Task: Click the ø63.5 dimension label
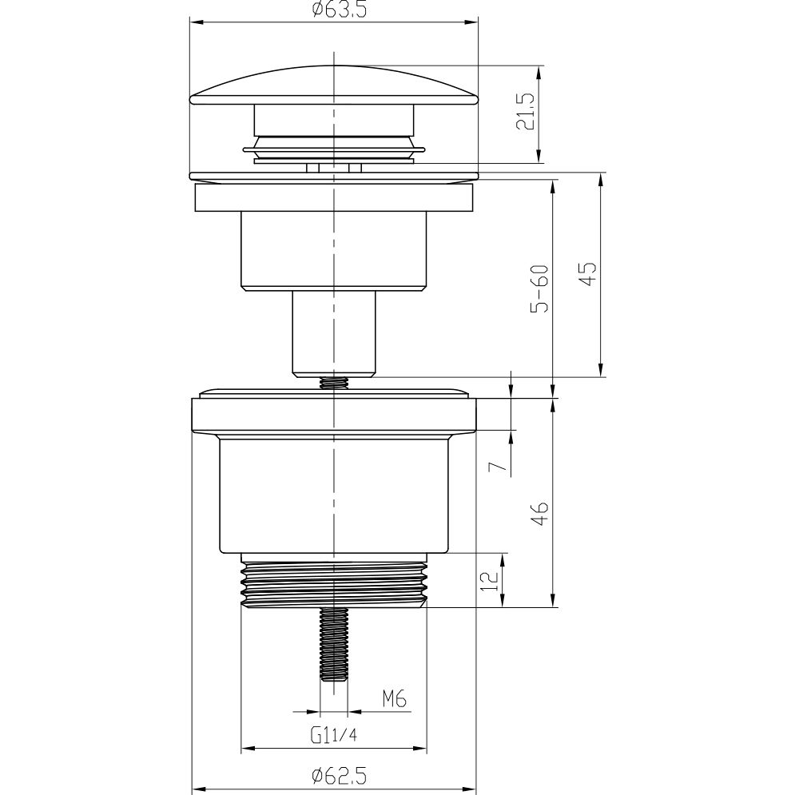click(x=334, y=10)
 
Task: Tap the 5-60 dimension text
click(x=541, y=289)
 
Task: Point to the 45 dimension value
click(x=588, y=275)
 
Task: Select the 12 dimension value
click(x=495, y=579)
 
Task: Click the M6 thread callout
click(x=394, y=700)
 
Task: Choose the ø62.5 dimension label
click(x=334, y=775)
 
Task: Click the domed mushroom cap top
click(x=334, y=84)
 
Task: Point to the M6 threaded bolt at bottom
click(x=334, y=643)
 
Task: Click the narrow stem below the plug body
click(x=334, y=332)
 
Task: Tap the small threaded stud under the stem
click(x=334, y=383)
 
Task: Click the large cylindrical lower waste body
click(x=334, y=495)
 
